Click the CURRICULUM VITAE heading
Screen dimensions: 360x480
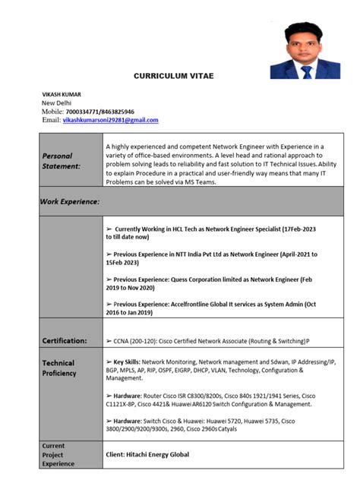[173, 76]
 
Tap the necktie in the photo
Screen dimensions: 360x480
[306, 71]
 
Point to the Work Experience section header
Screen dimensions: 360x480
[70, 201]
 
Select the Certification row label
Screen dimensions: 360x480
[65, 341]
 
